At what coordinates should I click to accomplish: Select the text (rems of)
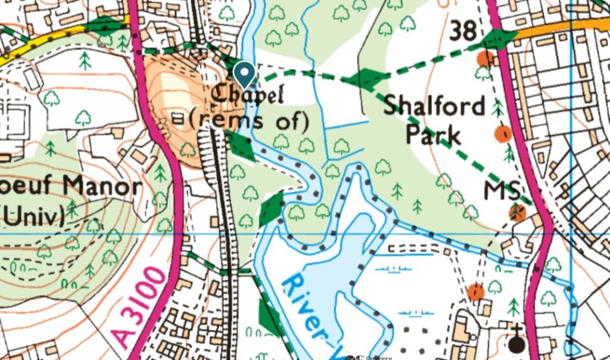[248, 120]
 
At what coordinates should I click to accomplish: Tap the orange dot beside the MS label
[519, 212]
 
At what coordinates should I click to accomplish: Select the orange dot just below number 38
[485, 58]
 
